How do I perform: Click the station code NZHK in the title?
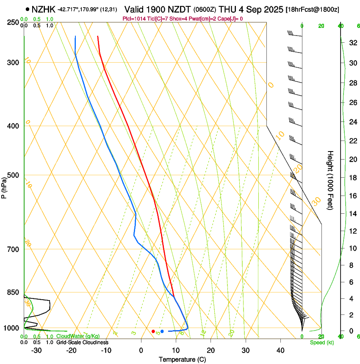(x=44, y=9)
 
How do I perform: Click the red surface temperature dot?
(x=153, y=331)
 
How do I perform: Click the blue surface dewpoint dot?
(x=162, y=331)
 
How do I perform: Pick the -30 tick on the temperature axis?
(x=36, y=350)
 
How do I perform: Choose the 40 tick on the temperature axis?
(x=280, y=350)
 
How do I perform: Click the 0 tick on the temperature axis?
(x=141, y=350)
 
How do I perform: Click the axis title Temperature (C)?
(x=182, y=359)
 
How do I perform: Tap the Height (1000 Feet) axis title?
(x=330, y=180)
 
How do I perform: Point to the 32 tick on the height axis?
(x=353, y=43)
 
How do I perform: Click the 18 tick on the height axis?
(x=353, y=178)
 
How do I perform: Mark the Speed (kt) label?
(x=322, y=342)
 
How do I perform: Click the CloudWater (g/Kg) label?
(x=78, y=336)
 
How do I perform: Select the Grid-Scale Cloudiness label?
(x=82, y=342)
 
